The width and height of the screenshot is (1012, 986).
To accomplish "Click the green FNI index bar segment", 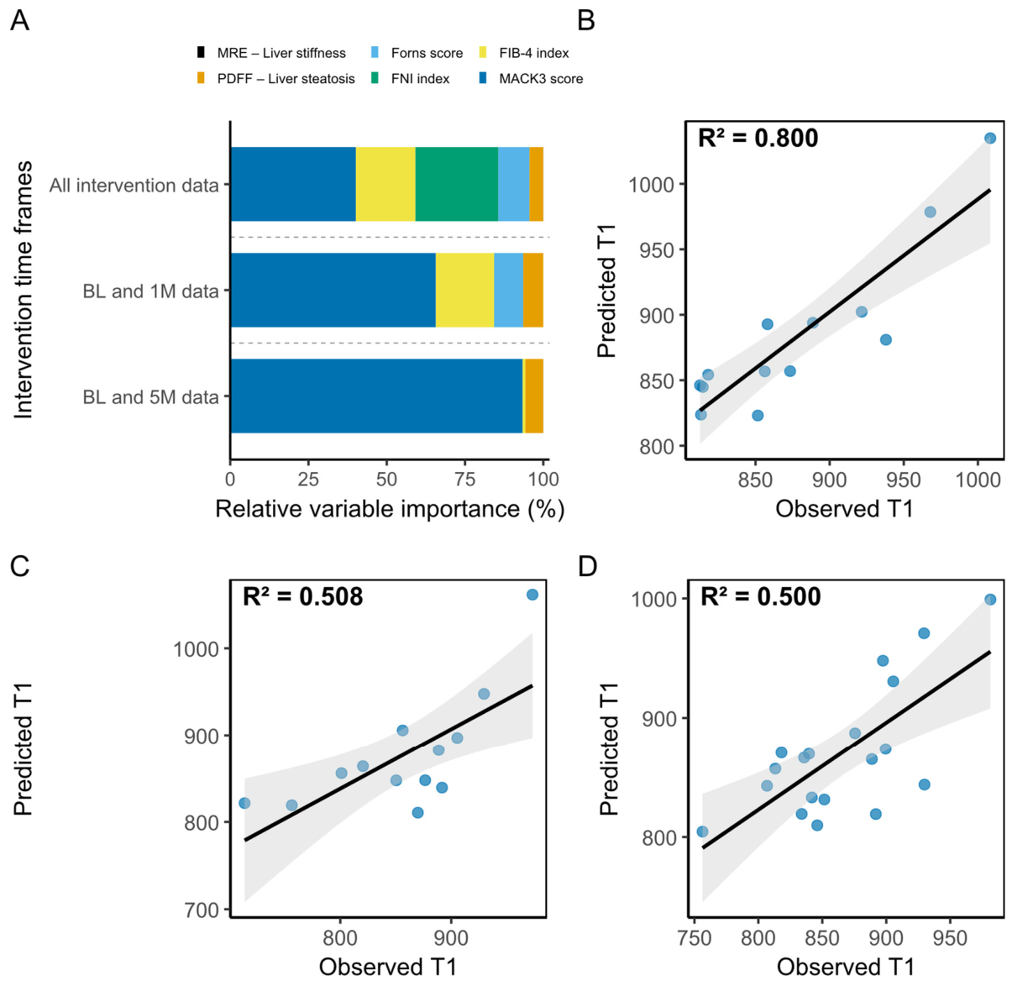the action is (457, 184).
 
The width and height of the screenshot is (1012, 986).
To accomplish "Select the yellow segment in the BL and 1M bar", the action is (465, 291).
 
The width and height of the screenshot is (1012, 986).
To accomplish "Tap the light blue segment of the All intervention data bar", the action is (514, 184).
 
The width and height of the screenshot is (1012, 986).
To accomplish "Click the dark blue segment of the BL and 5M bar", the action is (376, 396).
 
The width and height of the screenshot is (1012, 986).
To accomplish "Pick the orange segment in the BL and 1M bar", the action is (533, 291).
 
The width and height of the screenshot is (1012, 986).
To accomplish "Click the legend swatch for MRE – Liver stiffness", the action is (200, 53).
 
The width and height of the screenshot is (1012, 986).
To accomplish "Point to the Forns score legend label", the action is (427, 53).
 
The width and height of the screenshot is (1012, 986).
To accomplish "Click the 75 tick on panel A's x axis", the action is (464, 480).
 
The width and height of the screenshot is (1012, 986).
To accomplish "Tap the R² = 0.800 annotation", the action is (758, 138).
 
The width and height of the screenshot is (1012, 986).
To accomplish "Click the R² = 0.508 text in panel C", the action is (302, 596).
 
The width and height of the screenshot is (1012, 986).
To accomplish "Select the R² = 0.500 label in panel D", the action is (761, 596).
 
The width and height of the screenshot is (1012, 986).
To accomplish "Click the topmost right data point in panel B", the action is (990, 138).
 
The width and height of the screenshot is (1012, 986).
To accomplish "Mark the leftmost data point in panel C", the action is (244, 803).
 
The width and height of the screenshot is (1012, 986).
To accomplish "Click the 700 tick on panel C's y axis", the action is (202, 910).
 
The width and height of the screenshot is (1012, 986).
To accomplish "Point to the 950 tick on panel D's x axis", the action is (950, 938).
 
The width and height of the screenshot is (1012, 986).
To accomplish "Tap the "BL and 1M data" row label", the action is (151, 291).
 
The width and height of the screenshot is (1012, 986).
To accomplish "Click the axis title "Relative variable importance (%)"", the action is (390, 509).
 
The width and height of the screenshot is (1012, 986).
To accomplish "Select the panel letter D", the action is (588, 567).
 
